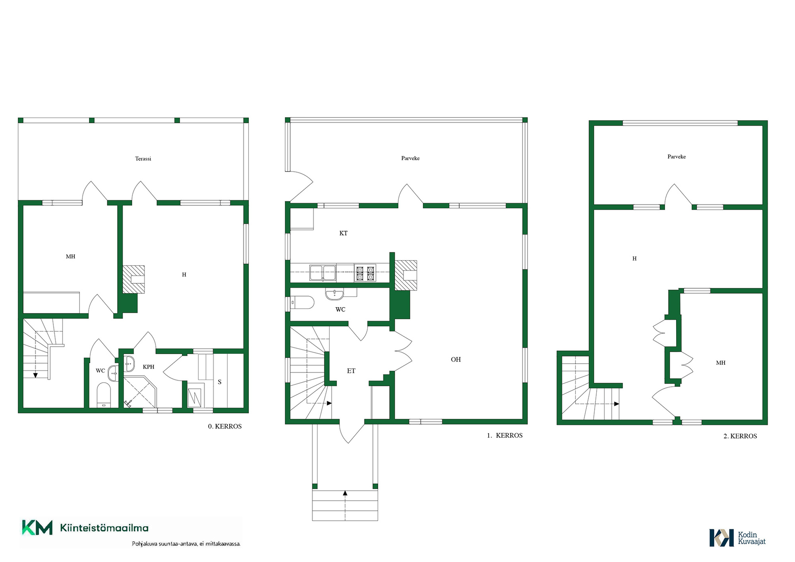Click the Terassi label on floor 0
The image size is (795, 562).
(143, 159)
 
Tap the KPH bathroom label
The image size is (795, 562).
(149, 367)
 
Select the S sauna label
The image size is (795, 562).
(219, 382)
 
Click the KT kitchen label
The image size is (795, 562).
(343, 233)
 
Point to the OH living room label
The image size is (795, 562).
(455, 359)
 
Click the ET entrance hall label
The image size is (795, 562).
(351, 371)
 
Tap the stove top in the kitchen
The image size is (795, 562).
(365, 273)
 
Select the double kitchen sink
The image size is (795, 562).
(323, 273)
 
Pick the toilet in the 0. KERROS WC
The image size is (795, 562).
(104, 395)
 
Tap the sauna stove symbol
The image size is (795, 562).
(194, 398)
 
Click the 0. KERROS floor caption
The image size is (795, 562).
(225, 426)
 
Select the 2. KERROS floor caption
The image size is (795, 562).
(740, 436)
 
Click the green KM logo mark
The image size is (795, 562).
(37, 528)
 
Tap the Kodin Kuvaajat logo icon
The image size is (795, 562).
(722, 538)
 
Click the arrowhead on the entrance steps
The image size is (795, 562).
(345, 493)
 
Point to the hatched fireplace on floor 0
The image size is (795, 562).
(134, 280)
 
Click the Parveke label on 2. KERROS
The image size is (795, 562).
(677, 157)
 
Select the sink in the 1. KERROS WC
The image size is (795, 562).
(335, 294)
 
